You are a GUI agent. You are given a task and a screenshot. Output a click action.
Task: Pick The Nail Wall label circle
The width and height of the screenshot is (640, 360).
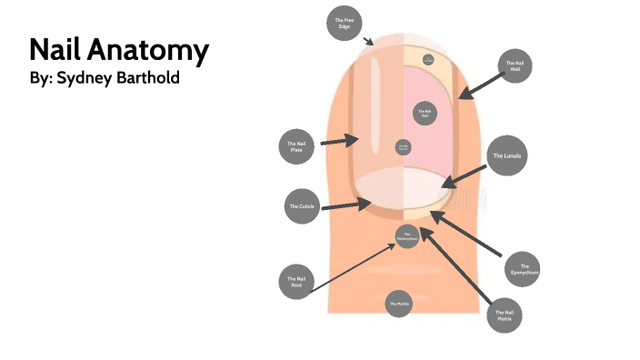pyautogui.click(x=515, y=66)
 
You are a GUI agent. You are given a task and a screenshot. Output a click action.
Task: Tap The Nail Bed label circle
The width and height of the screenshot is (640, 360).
pyautogui.click(x=423, y=113)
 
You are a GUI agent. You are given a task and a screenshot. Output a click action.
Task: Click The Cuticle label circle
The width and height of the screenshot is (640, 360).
pyautogui.click(x=302, y=206)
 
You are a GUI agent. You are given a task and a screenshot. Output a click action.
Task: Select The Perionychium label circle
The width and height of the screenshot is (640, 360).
pyautogui.click(x=406, y=236)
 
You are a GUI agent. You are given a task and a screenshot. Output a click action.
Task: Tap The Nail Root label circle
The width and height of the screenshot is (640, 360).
pyautogui.click(x=296, y=282)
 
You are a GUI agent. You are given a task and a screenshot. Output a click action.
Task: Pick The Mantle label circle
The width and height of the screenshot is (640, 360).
pyautogui.click(x=398, y=303)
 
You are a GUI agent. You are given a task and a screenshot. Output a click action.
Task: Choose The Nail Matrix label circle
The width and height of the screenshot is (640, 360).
pyautogui.click(x=505, y=315)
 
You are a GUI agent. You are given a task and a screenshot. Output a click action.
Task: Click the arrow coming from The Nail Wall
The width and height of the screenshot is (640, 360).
pyautogui.click(x=480, y=85)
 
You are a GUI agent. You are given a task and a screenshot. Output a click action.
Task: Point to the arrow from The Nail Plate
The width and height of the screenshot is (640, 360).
pyautogui.click(x=340, y=141)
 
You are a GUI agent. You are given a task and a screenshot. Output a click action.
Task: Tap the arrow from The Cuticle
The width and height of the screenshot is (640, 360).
pyautogui.click(x=341, y=206)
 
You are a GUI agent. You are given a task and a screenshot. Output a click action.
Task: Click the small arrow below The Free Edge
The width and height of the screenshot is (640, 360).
pyautogui.click(x=368, y=41)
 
